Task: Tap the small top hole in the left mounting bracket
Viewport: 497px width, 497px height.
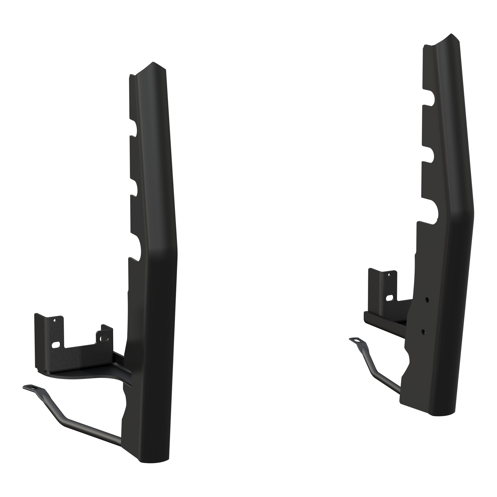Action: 54,321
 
